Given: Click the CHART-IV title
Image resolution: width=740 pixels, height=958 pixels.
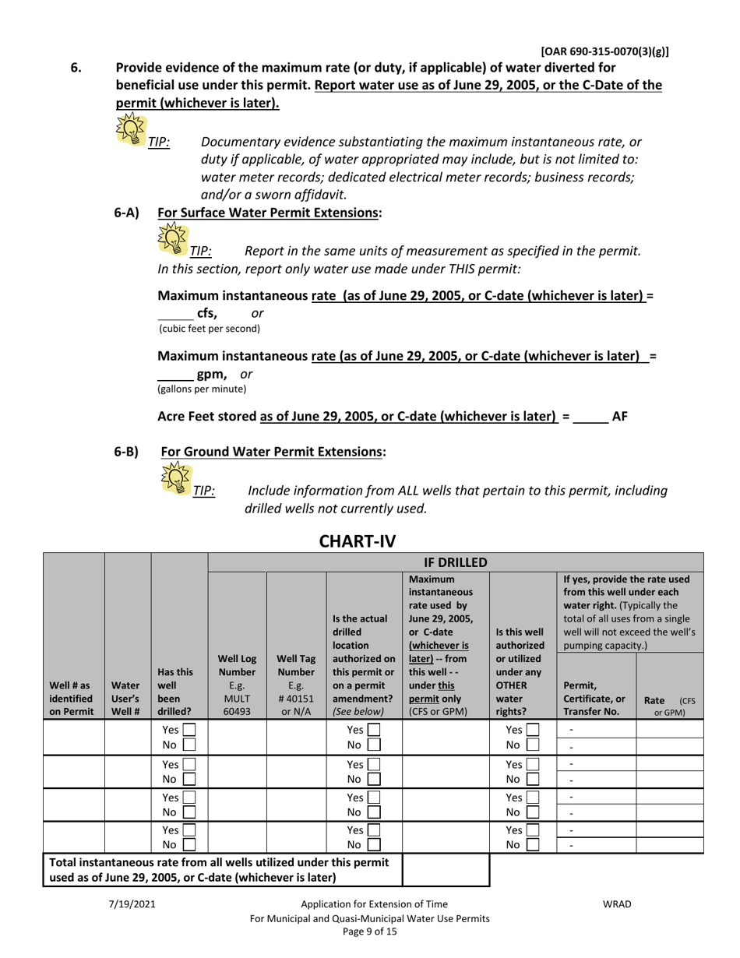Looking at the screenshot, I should click(x=370, y=538).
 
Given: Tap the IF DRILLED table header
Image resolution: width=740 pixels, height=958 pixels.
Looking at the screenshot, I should click(x=456, y=562).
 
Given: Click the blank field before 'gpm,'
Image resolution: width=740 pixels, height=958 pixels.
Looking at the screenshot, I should click(x=174, y=375).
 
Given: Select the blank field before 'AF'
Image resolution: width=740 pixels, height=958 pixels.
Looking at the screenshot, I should click(x=590, y=417).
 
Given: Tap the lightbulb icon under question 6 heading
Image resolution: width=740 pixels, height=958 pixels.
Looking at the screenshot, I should click(x=131, y=129).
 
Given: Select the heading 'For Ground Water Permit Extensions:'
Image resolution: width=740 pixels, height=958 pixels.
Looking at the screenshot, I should click(x=273, y=451).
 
